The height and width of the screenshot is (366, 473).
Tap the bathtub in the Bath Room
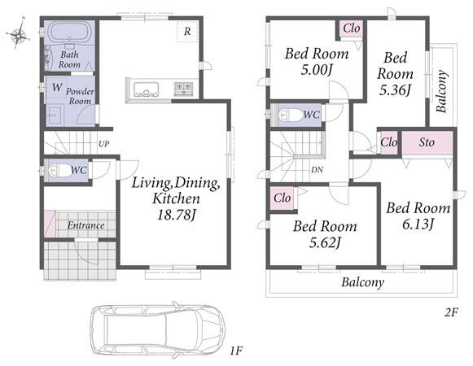[70, 32]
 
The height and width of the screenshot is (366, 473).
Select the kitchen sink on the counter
[147, 89]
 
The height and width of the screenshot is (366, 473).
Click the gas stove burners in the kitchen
[184, 87]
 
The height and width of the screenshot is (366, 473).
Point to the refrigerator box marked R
[187, 32]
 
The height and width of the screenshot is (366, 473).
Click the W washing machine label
[57, 87]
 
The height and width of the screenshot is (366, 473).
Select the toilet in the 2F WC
[290, 115]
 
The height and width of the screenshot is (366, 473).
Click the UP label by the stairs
[104, 144]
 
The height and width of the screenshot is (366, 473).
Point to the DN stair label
[317, 170]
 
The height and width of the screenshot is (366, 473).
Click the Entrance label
[86, 225]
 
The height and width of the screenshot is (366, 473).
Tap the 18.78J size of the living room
[177, 215]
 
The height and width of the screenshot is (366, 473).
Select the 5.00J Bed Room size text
[317, 70]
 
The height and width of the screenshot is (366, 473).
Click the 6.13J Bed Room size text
[418, 224]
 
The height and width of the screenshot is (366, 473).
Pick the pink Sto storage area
[427, 143]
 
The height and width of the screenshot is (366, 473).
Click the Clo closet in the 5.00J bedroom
[351, 29]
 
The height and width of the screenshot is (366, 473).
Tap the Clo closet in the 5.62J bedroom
[282, 198]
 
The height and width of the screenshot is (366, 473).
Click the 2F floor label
[452, 313]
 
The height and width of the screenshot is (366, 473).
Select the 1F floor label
[236, 351]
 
